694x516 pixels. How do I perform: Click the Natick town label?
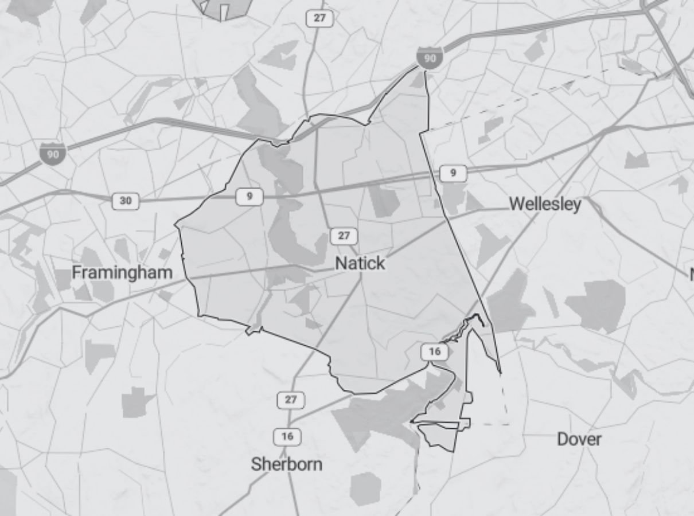[x=360, y=263]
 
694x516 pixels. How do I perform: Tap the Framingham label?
[x=122, y=273]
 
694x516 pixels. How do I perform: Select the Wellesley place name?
[x=545, y=204]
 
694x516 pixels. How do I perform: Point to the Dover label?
[x=579, y=439]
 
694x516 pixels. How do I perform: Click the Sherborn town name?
[x=286, y=464]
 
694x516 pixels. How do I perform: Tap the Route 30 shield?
[x=125, y=201]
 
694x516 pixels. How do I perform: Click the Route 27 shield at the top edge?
[x=319, y=18]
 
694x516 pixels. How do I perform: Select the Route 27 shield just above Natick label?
[x=344, y=236]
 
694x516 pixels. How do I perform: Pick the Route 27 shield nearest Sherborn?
[x=291, y=400]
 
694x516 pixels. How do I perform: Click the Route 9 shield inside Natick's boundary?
[x=249, y=197]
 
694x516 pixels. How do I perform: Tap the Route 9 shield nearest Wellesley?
[x=453, y=173]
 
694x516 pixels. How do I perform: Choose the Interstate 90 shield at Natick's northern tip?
[x=430, y=58]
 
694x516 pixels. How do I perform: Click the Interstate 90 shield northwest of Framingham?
[x=53, y=154]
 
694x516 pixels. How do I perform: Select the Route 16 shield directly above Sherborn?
[x=287, y=436]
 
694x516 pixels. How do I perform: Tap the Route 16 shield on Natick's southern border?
[x=434, y=351]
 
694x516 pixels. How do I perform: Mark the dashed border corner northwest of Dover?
[x=508, y=424]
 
